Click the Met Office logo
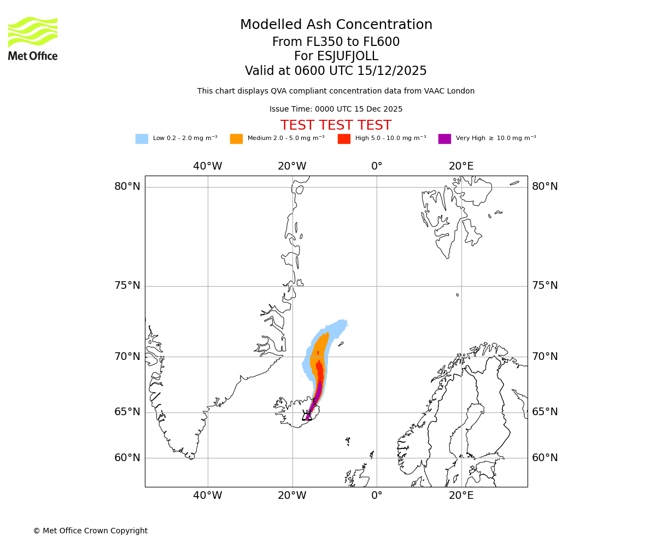(33, 38)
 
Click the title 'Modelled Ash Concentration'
(336, 25)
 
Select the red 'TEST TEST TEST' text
(336, 125)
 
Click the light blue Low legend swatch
(142, 139)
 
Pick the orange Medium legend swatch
(236, 139)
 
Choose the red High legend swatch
(344, 139)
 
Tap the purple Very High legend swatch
(444, 139)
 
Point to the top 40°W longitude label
(208, 166)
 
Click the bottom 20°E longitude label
(461, 496)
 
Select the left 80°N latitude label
(127, 187)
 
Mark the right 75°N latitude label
(545, 286)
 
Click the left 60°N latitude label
(127, 458)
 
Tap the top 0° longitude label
(377, 166)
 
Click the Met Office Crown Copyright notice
(90, 531)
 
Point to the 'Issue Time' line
(336, 109)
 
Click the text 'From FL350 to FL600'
(336, 42)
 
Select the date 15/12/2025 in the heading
(392, 71)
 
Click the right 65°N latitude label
(545, 412)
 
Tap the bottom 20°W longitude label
(292, 496)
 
